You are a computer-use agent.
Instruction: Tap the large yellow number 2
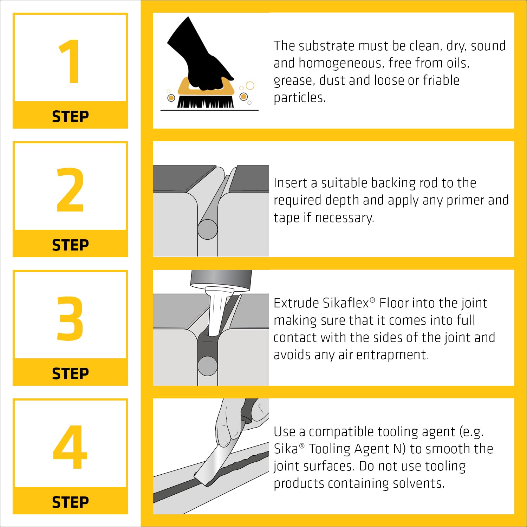point(70,190)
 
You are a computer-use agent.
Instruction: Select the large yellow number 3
point(70,318)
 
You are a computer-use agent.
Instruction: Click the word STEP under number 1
point(70,117)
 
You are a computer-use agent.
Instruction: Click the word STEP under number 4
point(70,502)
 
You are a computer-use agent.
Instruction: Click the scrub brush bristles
point(206,102)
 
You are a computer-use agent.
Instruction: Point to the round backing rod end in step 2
point(208,229)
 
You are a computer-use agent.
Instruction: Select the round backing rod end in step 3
point(208,366)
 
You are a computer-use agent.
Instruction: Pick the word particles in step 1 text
point(300,98)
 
